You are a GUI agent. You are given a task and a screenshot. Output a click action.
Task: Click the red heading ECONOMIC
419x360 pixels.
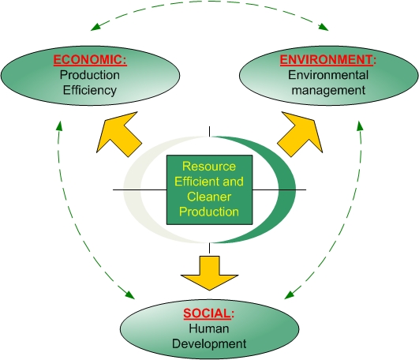[x=89, y=60]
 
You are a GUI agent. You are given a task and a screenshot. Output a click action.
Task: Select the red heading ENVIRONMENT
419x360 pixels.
[x=326, y=60]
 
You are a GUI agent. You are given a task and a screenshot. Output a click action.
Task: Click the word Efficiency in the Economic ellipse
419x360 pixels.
[x=89, y=90]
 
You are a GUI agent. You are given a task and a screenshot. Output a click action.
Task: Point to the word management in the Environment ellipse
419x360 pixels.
[x=326, y=90]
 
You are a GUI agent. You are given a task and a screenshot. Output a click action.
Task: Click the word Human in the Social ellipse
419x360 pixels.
[x=208, y=328]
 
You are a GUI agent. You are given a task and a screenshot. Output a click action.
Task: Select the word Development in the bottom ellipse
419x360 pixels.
[x=208, y=343]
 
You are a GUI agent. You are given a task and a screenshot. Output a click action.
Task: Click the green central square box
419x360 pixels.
[x=209, y=190]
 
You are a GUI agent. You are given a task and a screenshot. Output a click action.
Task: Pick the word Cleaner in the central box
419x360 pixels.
[x=209, y=197]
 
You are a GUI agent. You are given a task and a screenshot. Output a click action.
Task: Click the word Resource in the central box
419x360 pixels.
[x=209, y=167]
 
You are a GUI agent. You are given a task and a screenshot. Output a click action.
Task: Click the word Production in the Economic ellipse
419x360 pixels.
[x=89, y=75]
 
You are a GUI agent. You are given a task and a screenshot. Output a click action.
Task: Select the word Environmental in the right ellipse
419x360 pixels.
[x=326, y=75]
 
